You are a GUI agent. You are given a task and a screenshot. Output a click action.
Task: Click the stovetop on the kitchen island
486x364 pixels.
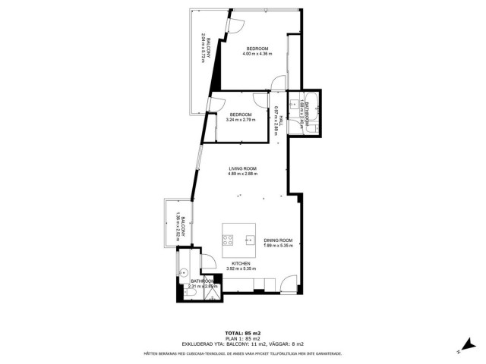(228, 240)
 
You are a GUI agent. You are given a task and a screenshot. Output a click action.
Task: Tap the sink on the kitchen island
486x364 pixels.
(249, 240)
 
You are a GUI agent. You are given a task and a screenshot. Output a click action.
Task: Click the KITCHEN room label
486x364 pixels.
(241, 262)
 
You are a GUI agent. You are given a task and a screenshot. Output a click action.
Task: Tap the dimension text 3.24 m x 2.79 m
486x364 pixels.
(241, 120)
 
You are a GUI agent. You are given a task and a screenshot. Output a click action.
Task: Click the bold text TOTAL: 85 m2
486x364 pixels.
(243, 333)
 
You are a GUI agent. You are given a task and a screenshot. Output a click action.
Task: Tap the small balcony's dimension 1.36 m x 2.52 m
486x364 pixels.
(178, 224)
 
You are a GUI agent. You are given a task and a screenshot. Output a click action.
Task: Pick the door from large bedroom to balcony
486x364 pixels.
(235, 24)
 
